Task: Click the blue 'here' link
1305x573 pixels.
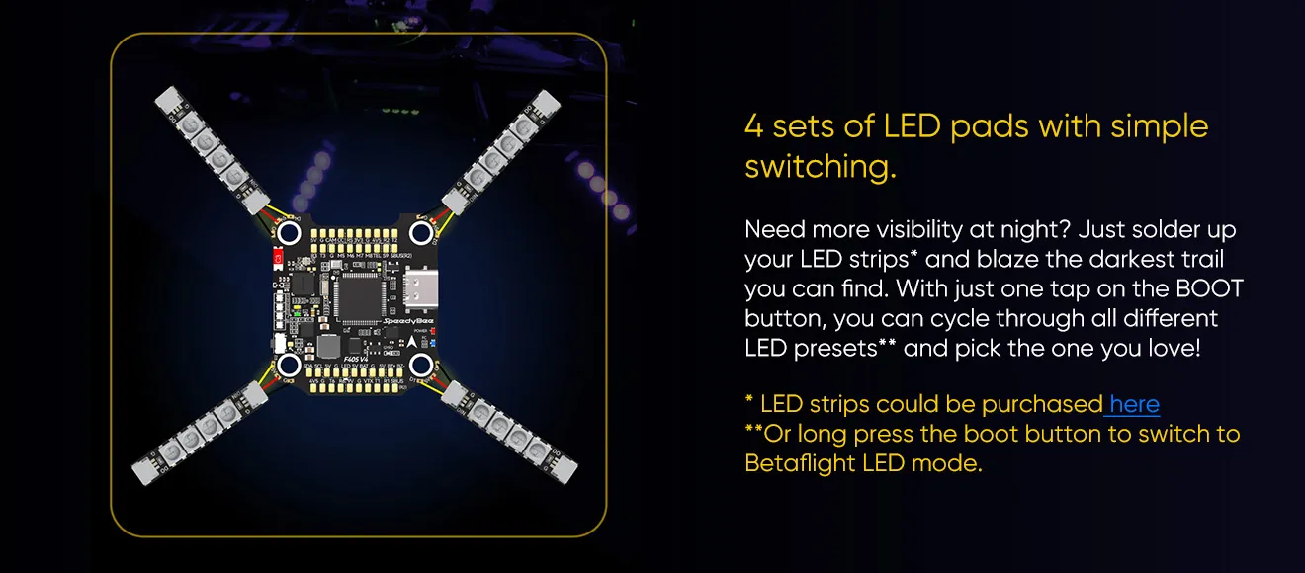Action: pyautogui.click(x=1135, y=404)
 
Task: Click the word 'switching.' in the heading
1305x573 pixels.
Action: pyautogui.click(x=820, y=167)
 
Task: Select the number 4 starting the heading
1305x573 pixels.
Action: pyautogui.click(x=753, y=126)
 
